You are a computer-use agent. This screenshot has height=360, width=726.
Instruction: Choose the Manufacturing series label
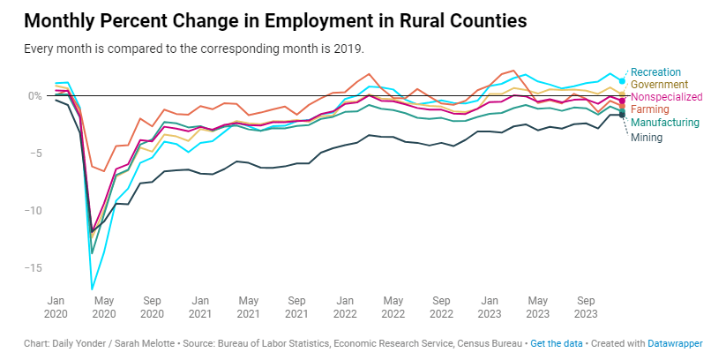coord(669,122)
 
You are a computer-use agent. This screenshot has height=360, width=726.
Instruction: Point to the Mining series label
coord(647,137)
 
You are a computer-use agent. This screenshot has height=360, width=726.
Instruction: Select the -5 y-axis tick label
coord(35,153)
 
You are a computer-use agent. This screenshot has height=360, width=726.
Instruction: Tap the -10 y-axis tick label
coord(33,210)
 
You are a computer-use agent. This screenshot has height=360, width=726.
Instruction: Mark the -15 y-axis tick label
coord(33,267)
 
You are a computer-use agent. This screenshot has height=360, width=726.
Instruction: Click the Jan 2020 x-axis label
coord(55,305)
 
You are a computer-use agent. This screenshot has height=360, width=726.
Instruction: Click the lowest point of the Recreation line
coord(92,289)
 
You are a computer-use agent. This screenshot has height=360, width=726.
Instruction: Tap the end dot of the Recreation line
coord(622,81)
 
